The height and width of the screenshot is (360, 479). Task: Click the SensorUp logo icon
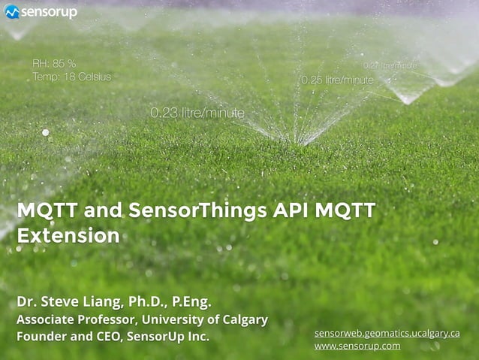tap(11, 12)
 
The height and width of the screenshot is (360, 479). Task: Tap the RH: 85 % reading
tap(54, 64)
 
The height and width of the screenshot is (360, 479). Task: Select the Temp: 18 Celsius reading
tap(72, 77)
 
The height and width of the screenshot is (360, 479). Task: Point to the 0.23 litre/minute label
tap(197, 113)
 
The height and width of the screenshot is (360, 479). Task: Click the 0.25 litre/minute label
tap(337, 80)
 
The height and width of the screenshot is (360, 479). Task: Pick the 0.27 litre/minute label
tap(390, 65)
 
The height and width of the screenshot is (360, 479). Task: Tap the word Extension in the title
tap(68, 235)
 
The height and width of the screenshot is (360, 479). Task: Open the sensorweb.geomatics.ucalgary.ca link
tap(387, 332)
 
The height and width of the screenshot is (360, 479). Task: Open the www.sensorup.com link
tap(357, 346)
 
